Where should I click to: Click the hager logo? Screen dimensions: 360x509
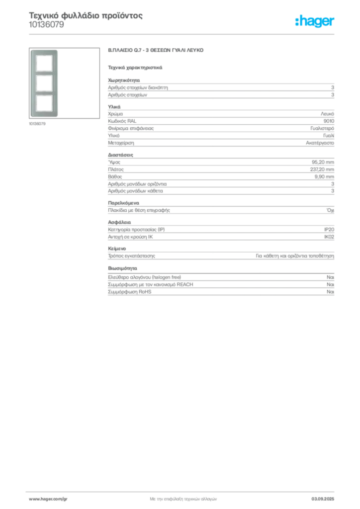click(x=315, y=21)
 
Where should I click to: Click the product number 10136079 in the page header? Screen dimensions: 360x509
click(x=46, y=25)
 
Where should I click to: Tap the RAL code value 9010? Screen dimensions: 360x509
click(x=329, y=121)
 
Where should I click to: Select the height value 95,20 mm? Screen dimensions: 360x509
click(x=323, y=162)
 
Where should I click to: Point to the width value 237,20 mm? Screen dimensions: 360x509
click(x=322, y=170)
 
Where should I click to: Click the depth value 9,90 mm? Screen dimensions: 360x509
click(x=324, y=176)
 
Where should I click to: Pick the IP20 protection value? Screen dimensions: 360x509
click(x=329, y=230)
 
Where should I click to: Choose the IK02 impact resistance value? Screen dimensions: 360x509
click(x=329, y=237)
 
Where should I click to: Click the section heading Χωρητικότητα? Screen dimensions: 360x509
click(x=124, y=80)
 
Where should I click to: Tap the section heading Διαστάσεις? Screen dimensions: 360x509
click(x=120, y=155)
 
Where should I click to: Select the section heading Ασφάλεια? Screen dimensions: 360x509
click(x=119, y=222)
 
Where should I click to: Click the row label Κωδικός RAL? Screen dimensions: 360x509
click(x=122, y=121)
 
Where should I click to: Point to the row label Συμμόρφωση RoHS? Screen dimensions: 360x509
click(x=129, y=292)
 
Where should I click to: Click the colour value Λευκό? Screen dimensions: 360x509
click(x=327, y=114)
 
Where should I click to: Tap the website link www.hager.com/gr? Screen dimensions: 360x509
click(x=48, y=499)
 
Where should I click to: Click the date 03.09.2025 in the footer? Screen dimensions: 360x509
click(x=323, y=499)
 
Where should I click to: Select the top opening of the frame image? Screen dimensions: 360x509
click(x=44, y=63)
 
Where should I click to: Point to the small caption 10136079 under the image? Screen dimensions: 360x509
click(x=37, y=124)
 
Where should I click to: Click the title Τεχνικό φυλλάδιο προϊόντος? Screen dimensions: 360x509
click(x=86, y=15)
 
